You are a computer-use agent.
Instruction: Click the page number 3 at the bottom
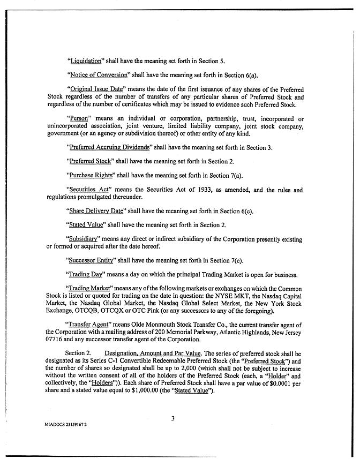coord(172,419)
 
